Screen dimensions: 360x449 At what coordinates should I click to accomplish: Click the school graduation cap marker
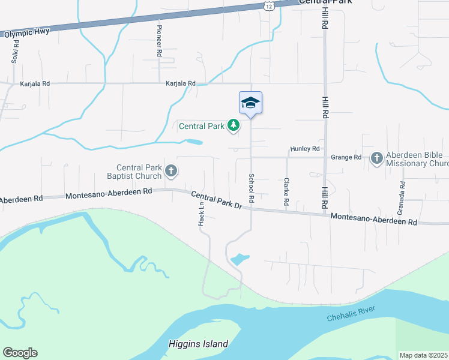point(250,103)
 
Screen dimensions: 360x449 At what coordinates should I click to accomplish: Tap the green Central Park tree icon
point(234,125)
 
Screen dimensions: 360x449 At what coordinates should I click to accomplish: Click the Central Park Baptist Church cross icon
point(171,171)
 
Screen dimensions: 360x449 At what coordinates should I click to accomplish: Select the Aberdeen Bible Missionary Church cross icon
point(376,158)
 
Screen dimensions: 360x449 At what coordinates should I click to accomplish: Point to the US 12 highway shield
point(267,5)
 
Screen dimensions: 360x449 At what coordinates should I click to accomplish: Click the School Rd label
point(252,188)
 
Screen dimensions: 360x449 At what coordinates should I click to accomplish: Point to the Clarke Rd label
point(287,192)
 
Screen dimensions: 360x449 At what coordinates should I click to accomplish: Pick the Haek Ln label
point(201,213)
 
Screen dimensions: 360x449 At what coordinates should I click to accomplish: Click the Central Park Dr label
point(216,200)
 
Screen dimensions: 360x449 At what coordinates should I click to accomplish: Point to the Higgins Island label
point(197,344)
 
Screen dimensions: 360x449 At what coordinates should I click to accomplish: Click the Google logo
point(20,353)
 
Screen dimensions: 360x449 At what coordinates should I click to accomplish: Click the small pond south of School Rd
point(239,260)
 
